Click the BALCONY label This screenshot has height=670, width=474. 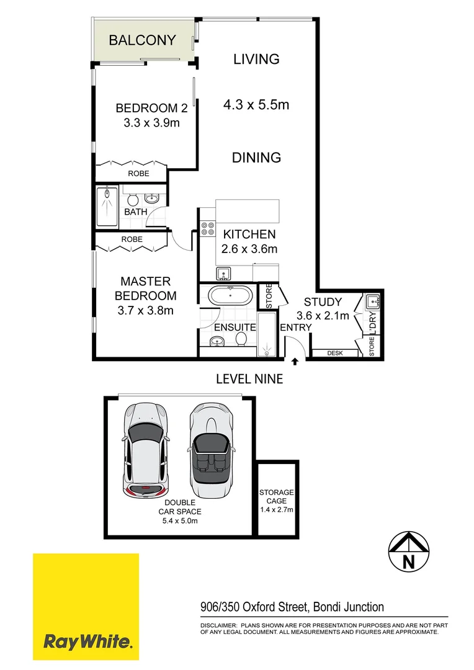point(142,41)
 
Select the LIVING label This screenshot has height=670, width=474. point(256,60)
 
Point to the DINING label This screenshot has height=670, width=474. point(256,158)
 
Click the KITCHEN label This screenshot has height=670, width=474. point(249,234)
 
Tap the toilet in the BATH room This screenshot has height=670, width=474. point(133,199)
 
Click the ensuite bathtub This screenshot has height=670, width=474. point(230,295)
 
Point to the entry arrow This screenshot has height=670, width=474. point(295,360)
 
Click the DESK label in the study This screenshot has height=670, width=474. point(335,353)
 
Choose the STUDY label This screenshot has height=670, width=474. point(323,302)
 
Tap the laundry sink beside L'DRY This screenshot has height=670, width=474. point(373,302)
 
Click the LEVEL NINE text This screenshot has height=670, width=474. point(249,378)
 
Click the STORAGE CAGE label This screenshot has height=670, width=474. point(276,496)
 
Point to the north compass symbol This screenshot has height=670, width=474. point(408,552)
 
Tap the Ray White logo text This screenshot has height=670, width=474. point(87,640)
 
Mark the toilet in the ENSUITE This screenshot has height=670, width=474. point(241,338)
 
